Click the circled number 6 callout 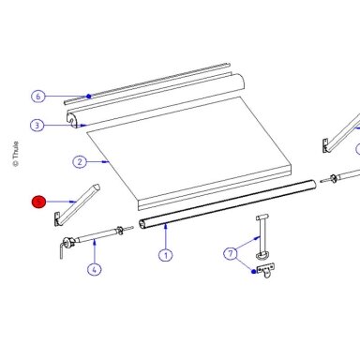[38, 96]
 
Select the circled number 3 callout [37, 126]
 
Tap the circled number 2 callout [80, 162]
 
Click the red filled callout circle [38, 202]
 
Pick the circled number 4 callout [94, 269]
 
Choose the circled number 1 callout [166, 255]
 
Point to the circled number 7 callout [231, 253]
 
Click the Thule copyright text [15, 154]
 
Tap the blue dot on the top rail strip [89, 97]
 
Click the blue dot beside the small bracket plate [253, 272]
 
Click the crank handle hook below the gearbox [62, 250]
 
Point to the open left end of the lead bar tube [142, 224]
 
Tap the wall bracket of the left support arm [57, 218]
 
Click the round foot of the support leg [262, 256]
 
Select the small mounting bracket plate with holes [266, 270]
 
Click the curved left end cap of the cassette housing [71, 120]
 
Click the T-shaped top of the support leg [262, 217]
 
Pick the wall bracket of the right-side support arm [325, 146]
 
